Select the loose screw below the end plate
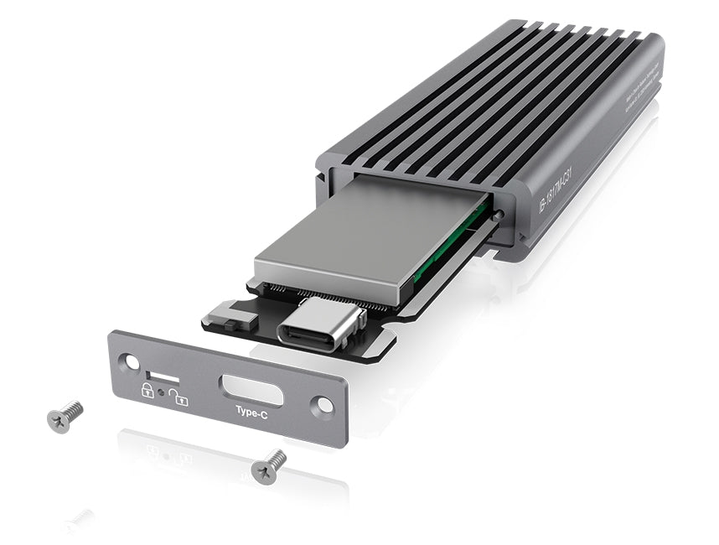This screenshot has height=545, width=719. tap(269, 464)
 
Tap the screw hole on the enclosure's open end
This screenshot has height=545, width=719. tap(500, 215)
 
